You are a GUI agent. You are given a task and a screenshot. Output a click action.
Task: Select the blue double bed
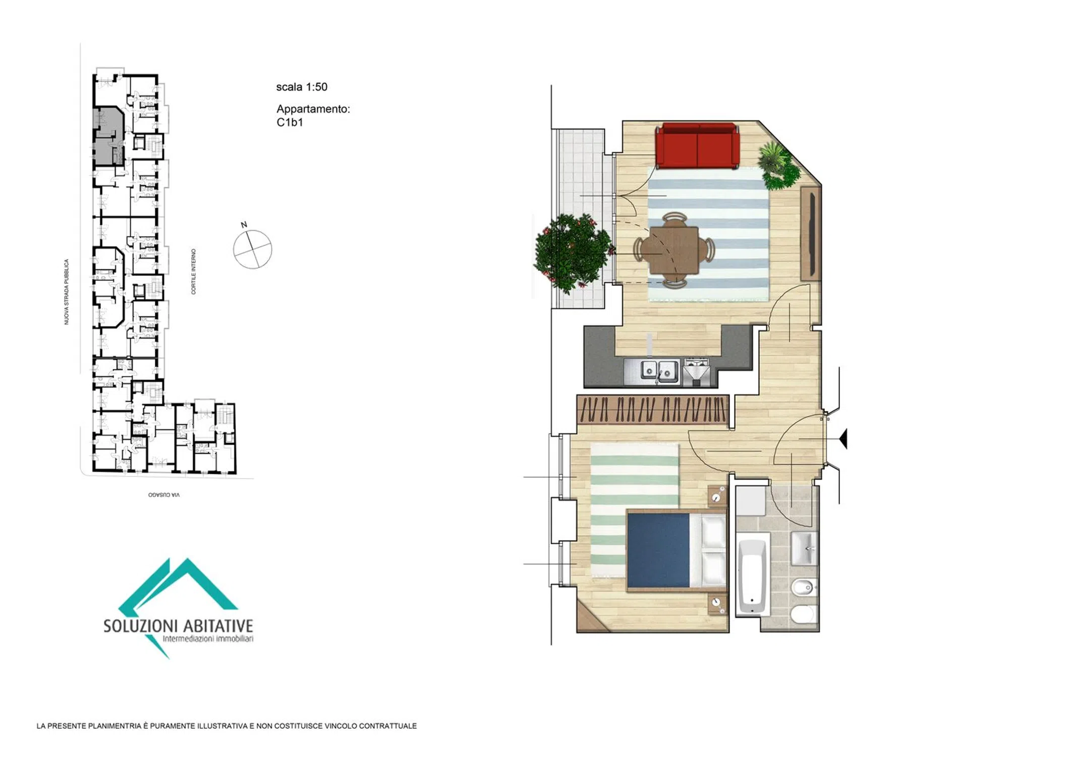click(676, 550)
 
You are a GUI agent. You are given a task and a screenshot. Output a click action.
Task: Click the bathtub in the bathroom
click(753, 576)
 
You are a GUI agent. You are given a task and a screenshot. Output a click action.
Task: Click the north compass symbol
click(252, 248)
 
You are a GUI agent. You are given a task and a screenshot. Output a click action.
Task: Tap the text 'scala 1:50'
click(302, 87)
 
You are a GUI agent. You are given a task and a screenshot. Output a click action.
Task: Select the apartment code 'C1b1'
click(290, 122)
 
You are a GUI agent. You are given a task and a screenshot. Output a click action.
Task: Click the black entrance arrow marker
click(843, 438)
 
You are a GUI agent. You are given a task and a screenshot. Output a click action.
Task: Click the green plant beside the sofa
click(778, 165)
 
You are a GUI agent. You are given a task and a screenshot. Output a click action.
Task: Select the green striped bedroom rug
click(635, 510)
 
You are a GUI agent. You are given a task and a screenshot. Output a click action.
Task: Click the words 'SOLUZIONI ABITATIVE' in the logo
click(178, 626)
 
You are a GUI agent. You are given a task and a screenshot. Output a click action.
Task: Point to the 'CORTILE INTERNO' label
click(193, 271)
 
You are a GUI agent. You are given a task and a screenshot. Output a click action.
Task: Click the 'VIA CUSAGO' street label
click(164, 495)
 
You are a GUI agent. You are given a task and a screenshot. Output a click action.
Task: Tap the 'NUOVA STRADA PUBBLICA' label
click(66, 292)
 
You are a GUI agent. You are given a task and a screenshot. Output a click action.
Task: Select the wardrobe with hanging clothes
click(653, 409)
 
